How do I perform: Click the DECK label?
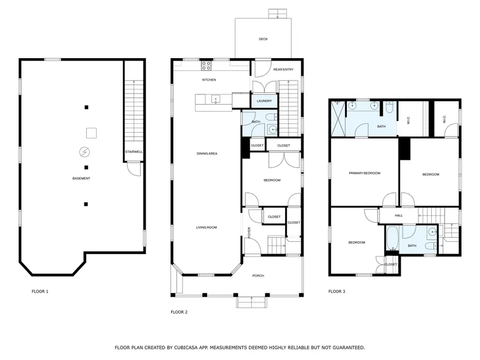(x=263, y=39)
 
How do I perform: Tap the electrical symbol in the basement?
(x=84, y=152)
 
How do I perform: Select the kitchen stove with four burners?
(x=206, y=66)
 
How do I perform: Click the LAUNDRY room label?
(x=264, y=101)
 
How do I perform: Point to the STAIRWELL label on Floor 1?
(x=134, y=152)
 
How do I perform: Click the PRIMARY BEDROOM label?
(x=365, y=173)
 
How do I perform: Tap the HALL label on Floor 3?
(x=399, y=216)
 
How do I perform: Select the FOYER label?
(x=249, y=233)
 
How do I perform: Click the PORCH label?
(x=258, y=276)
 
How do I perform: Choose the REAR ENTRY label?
(x=283, y=69)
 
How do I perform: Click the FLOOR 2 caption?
(x=179, y=312)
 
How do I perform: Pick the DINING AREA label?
(x=207, y=154)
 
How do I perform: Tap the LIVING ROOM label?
(x=207, y=227)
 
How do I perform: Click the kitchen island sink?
(x=216, y=99)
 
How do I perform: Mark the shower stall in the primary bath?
(x=337, y=119)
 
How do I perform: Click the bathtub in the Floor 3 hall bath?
(x=392, y=238)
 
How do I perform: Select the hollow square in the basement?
(x=91, y=133)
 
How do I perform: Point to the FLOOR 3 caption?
(x=337, y=291)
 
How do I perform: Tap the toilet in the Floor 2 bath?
(x=272, y=117)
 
